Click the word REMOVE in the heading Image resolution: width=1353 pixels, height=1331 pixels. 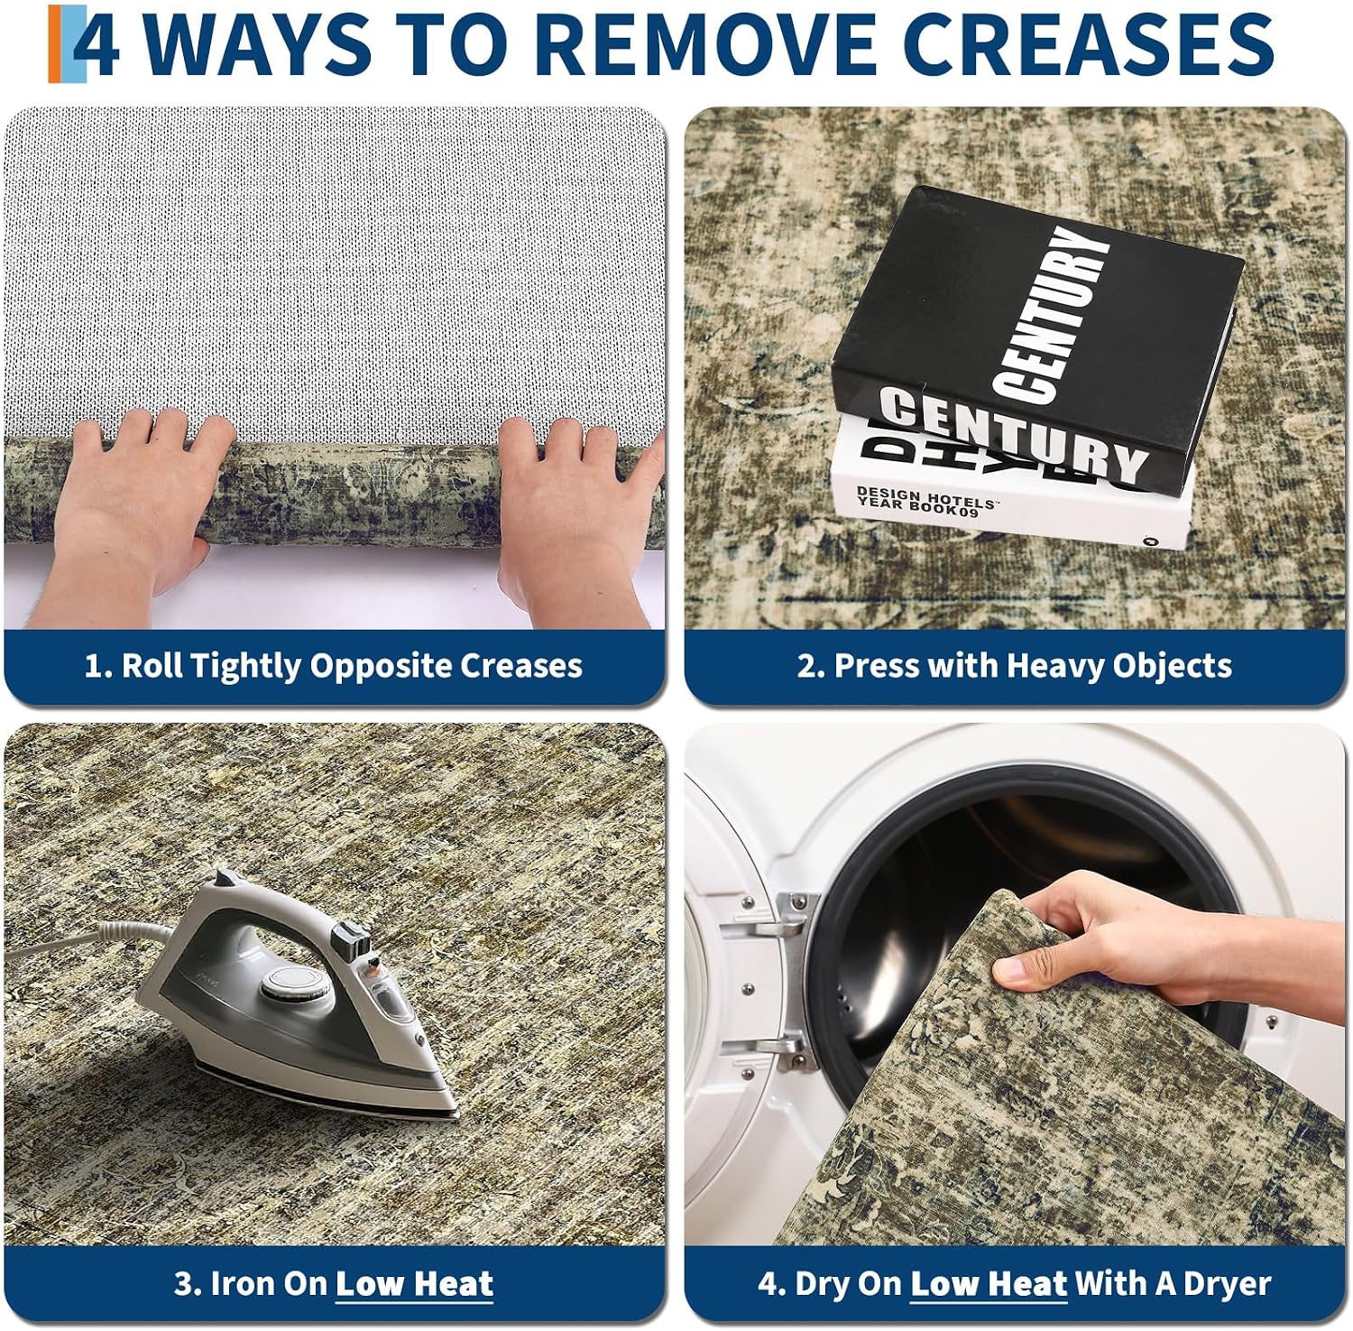point(693,43)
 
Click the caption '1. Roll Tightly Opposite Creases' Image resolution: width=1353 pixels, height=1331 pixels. point(334,666)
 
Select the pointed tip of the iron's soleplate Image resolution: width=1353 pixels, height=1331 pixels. point(455,1114)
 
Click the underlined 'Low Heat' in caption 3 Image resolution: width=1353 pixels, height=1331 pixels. point(414,1283)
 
